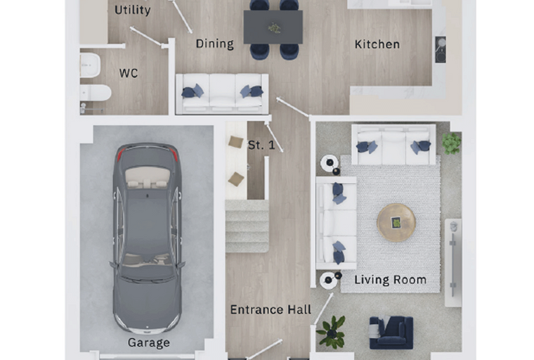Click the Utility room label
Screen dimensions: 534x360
(133, 10)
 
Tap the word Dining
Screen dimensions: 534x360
(215, 44)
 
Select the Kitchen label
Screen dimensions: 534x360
(377, 44)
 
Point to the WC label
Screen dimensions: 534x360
(129, 73)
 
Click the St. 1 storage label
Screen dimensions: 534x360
(261, 145)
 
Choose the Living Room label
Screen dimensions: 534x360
(390, 280)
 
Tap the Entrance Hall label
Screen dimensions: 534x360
(271, 309)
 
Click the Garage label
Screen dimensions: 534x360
(149, 342)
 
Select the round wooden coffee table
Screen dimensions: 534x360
(396, 223)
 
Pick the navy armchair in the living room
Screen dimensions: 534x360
(391, 333)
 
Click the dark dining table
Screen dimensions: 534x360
(273, 27)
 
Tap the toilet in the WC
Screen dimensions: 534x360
(96, 92)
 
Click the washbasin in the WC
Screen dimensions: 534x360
(90, 65)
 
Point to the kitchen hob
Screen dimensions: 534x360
(441, 49)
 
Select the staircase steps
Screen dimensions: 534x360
(247, 226)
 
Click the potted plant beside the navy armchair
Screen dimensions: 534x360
(332, 332)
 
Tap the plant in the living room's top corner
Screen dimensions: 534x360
(452, 143)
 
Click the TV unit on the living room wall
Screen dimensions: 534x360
(453, 262)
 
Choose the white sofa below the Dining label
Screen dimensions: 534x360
(222, 94)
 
